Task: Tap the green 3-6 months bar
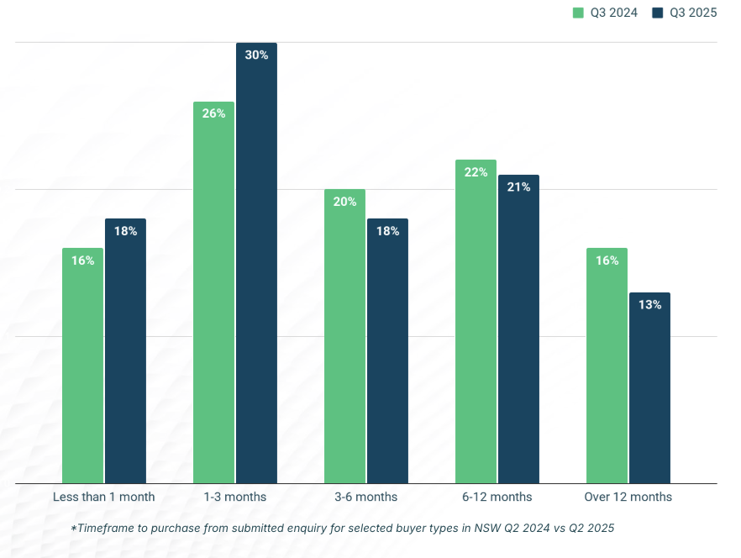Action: tap(344, 336)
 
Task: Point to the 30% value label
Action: tap(256, 55)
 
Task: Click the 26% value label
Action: tap(213, 113)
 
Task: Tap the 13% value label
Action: tap(649, 305)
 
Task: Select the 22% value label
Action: tap(476, 172)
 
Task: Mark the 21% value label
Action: tap(518, 187)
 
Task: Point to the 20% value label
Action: tap(344, 202)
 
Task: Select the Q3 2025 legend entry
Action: tap(685, 13)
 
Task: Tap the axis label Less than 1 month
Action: tap(104, 497)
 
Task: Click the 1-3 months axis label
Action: tap(234, 497)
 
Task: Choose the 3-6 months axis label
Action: tap(365, 497)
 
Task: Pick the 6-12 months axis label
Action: tap(497, 497)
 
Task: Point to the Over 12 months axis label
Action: tap(628, 497)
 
